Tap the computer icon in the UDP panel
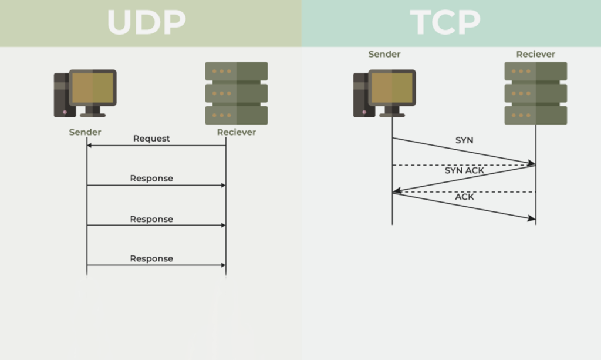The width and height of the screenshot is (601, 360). (x=86, y=93)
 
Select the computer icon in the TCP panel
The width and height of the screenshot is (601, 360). (x=384, y=93)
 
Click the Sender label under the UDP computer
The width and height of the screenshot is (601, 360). (x=85, y=132)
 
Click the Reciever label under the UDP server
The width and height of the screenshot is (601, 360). (x=237, y=132)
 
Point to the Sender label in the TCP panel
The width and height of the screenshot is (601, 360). (x=384, y=54)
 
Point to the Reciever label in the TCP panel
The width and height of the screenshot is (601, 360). (x=535, y=54)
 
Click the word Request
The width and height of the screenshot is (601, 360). (x=151, y=139)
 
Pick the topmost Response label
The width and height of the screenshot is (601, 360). (x=151, y=178)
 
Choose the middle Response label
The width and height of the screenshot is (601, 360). (x=151, y=219)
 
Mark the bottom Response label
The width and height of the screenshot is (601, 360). (x=151, y=258)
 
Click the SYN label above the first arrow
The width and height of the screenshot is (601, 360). (x=464, y=141)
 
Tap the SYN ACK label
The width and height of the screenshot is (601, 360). (x=464, y=170)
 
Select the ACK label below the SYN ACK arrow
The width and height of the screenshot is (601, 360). (x=464, y=197)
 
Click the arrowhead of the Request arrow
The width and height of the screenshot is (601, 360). (x=89, y=146)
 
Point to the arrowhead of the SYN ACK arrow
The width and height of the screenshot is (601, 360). (x=396, y=191)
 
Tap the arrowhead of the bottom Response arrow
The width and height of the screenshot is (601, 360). (x=223, y=265)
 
